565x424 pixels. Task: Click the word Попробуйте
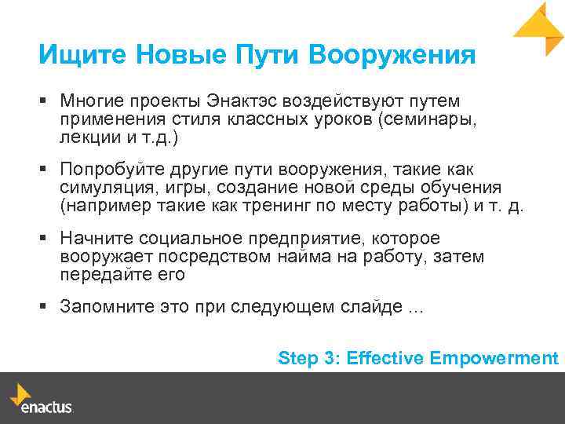[110, 170]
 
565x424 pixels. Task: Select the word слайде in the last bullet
[375, 307]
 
